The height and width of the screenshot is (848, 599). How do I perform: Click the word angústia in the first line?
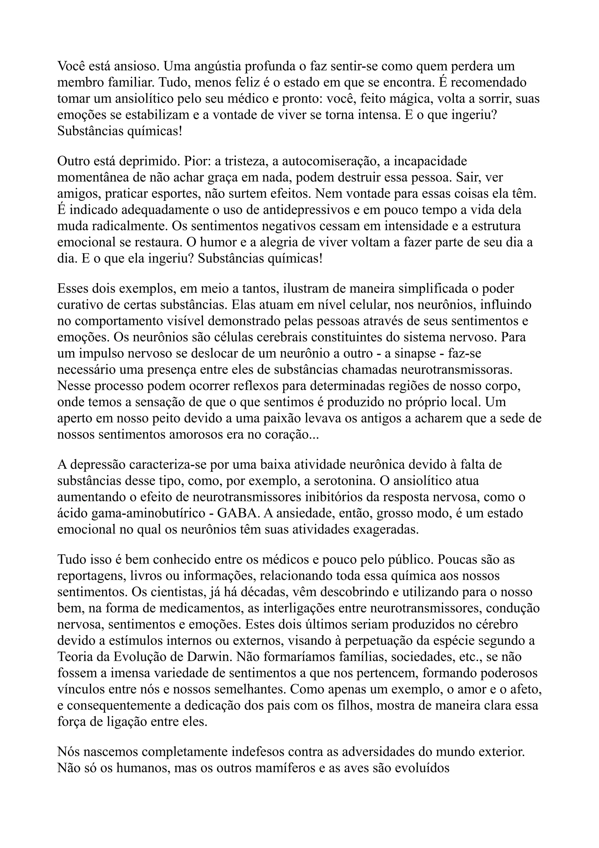tap(216, 66)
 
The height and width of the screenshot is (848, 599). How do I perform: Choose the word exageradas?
tap(386, 530)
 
